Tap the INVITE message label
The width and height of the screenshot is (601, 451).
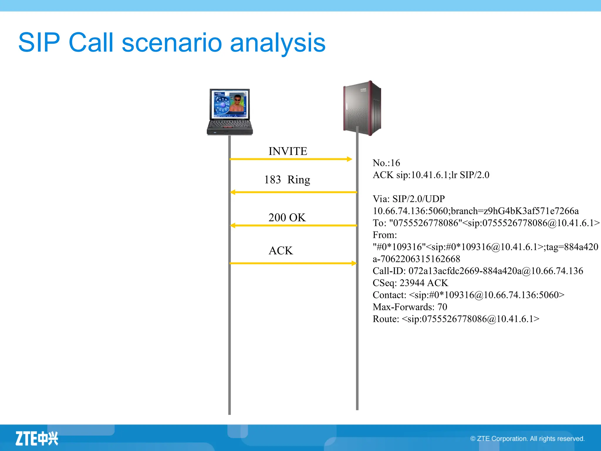coord(288,151)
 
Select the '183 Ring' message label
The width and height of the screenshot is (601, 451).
coord(287,179)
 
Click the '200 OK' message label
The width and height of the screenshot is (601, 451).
coord(287,218)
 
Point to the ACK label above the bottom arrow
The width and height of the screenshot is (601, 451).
coord(281,251)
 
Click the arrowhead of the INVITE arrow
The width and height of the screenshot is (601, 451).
coord(349,159)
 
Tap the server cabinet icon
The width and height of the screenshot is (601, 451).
coord(362,108)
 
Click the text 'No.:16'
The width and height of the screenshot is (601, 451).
coord(386,163)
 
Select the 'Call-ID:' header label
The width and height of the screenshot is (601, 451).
coord(389,271)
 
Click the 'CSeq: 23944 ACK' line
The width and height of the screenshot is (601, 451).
coord(410,283)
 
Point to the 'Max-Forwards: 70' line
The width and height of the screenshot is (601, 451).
coord(410,307)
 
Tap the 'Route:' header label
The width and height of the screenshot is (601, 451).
coord(386,319)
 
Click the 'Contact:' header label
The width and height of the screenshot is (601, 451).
coord(389,295)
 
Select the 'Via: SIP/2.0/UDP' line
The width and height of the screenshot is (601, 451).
coord(408,199)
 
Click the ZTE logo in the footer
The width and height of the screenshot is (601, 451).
coord(37,439)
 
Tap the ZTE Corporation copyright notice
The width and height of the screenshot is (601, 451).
coord(527,439)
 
